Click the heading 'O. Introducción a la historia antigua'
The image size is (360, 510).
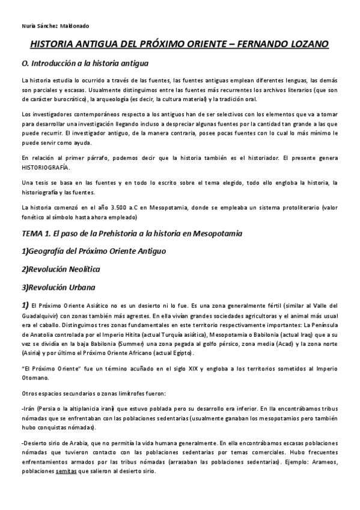click(x=84, y=63)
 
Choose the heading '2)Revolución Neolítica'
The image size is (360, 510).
click(x=60, y=268)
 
